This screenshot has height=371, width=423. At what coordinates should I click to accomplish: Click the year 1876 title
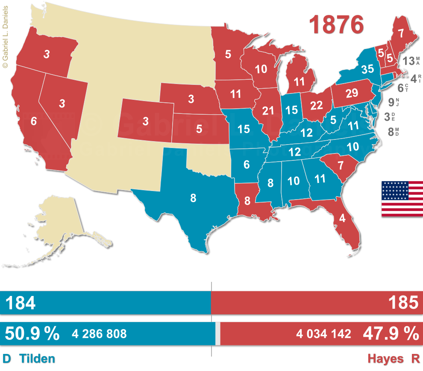coord(337,25)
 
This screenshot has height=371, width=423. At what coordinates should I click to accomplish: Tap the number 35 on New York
coord(367,69)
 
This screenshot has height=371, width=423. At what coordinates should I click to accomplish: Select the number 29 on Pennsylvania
coord(352,93)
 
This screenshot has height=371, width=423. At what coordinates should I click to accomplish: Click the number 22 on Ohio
coord(317,106)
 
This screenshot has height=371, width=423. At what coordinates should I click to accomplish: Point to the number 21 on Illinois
coord(268,111)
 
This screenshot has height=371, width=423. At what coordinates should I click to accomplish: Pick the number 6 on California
coord(34,121)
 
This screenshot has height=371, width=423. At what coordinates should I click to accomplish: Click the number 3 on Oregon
coord(46,54)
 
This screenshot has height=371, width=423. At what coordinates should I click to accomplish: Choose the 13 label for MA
coord(408,61)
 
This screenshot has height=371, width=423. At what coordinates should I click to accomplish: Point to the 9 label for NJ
coord(391,102)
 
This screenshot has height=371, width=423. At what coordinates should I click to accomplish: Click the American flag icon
coord(402,199)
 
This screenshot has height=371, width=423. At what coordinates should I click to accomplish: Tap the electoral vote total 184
coord(20,303)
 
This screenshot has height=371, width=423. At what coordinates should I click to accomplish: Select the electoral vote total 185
coord(403,303)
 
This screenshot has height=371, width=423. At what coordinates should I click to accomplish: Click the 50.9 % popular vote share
coord(32,333)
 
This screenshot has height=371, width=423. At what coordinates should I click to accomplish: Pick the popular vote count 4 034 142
coord(323,334)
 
